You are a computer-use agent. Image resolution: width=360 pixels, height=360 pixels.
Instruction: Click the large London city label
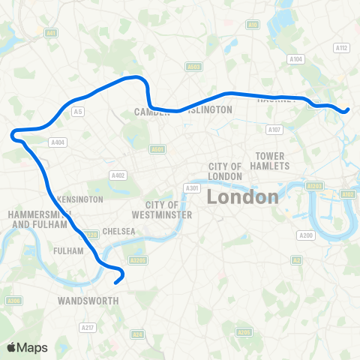coord(242,197)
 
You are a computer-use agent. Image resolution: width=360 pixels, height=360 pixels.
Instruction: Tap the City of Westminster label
coord(169,209)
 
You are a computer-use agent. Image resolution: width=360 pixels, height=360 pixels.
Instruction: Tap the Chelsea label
coord(119,231)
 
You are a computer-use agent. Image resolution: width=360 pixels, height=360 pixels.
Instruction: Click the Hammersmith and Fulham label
coord(39,219)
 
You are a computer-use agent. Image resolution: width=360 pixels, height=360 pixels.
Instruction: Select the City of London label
coord(225,171)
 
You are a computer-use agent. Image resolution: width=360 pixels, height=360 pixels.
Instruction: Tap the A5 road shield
coord(77,112)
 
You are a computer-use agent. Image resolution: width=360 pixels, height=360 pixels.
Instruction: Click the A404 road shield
coord(57,142)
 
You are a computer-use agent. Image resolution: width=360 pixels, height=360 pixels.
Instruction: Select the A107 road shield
coord(274,129)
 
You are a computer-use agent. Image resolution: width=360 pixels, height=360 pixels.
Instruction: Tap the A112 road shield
coord(342,48)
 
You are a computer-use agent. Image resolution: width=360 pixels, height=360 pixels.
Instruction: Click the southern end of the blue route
coord(115,283)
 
